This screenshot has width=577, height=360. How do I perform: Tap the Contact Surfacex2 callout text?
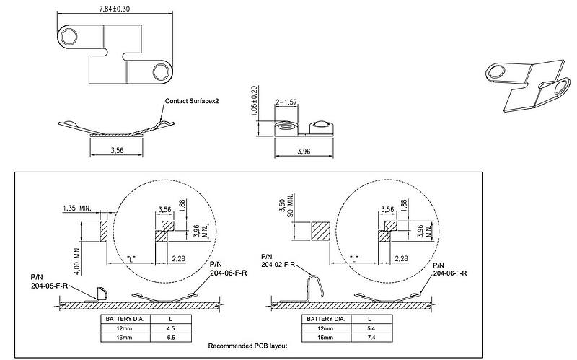[x=191, y=101]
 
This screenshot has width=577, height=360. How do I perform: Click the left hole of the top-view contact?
[x=70, y=35]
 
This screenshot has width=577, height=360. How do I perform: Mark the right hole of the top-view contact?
[x=163, y=71]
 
